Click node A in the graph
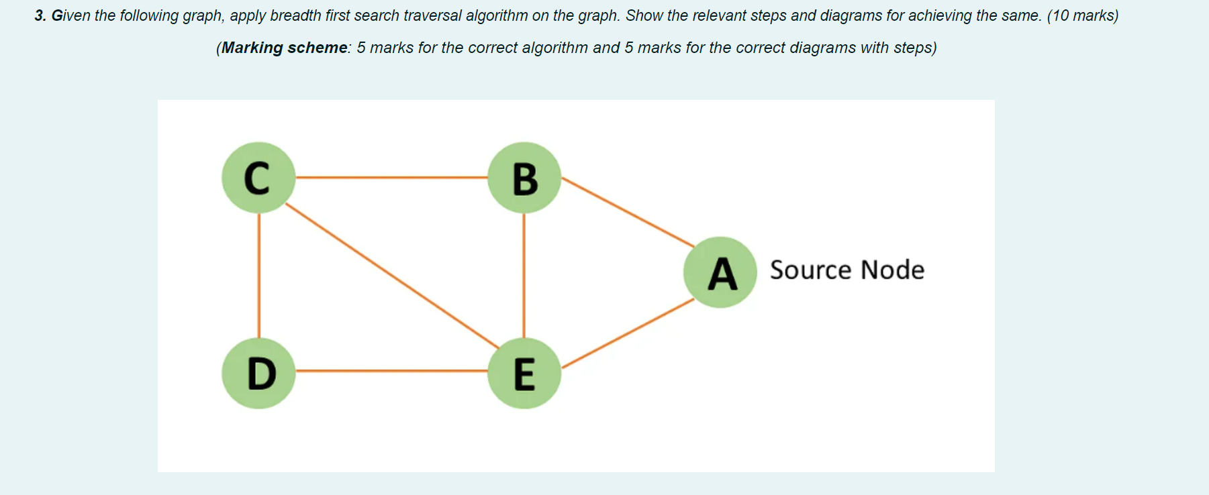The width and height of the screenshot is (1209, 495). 720,272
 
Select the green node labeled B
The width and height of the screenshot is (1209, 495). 524,178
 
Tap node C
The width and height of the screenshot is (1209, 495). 258,178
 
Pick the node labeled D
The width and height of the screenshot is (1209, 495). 258,373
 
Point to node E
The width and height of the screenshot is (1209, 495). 524,373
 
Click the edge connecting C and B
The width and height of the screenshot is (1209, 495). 391,178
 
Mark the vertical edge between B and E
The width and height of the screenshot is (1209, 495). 524,275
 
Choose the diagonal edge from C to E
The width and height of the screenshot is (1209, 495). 391,276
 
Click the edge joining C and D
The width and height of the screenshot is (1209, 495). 259,275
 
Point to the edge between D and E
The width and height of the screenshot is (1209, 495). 391,370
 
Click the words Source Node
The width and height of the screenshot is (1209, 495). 847,270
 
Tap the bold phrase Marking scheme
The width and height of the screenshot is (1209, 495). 285,48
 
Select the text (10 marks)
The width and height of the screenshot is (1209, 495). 1082,15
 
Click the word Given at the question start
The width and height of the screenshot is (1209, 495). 70,15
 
